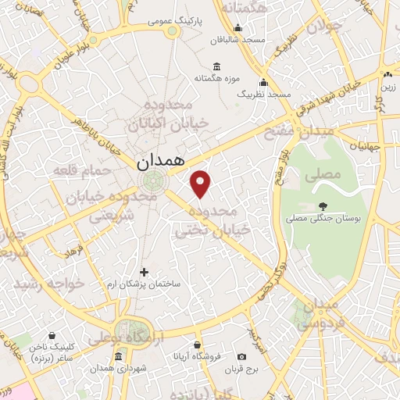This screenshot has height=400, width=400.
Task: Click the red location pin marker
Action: click(x=202, y=184)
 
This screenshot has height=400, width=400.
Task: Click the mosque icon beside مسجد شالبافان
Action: click(x=238, y=38)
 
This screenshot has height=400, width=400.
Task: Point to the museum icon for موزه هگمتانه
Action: click(x=216, y=67)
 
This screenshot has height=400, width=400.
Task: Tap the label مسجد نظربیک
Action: click(x=263, y=94)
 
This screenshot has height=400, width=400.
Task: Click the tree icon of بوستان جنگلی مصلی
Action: click(x=323, y=206)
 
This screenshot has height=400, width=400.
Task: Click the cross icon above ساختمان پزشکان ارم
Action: click(x=144, y=272)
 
